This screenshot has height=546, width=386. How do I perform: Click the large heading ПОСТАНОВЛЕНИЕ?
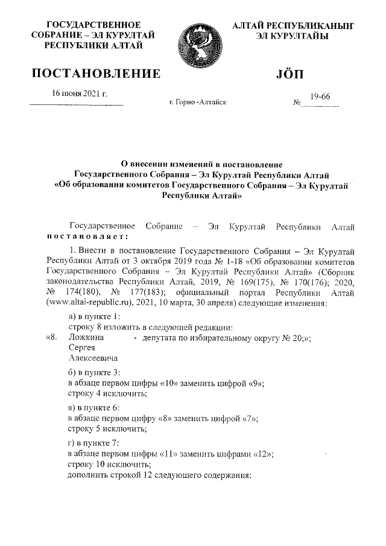(96, 74)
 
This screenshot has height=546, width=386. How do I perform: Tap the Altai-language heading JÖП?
(291, 74)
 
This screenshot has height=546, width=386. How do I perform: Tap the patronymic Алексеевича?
(93, 359)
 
